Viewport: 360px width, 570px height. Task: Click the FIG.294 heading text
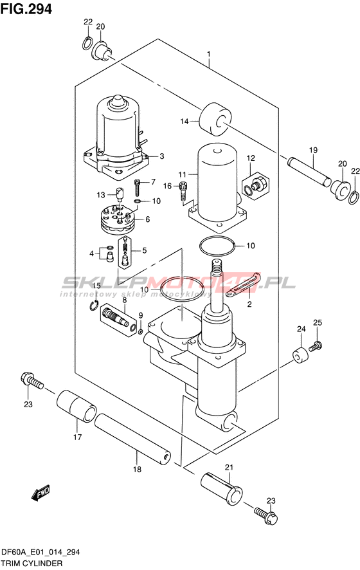(26, 9)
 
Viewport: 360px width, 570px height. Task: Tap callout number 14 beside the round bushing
(184, 121)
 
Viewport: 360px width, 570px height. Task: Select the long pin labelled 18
(132, 439)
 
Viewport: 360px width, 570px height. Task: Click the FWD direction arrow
(40, 493)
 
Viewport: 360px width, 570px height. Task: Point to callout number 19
(313, 150)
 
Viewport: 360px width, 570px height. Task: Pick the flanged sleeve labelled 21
(222, 489)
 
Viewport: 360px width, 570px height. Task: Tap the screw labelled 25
(316, 345)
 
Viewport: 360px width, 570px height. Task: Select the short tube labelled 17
(76, 406)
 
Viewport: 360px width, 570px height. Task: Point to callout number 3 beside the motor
(161, 156)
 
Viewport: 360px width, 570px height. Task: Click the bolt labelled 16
(184, 191)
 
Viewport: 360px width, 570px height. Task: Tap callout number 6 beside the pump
(147, 219)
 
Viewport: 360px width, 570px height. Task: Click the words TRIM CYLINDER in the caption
(32, 564)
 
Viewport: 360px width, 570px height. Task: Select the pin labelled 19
(309, 170)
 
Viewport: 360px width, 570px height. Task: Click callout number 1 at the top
(209, 55)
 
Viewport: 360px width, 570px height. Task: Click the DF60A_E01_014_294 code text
(40, 553)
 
